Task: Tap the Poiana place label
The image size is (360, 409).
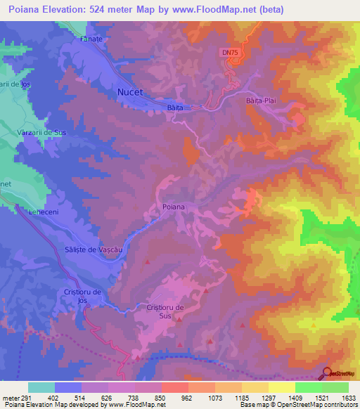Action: coord(173,207)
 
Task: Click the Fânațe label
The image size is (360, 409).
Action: coord(91,39)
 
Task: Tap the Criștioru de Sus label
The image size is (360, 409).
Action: coord(165,312)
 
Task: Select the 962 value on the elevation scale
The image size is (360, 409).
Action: coord(187,397)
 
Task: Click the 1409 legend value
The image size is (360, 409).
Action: coord(293,397)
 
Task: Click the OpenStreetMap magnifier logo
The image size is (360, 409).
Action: coord(328,372)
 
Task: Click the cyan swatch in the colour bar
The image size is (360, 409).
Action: coord(41,387)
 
